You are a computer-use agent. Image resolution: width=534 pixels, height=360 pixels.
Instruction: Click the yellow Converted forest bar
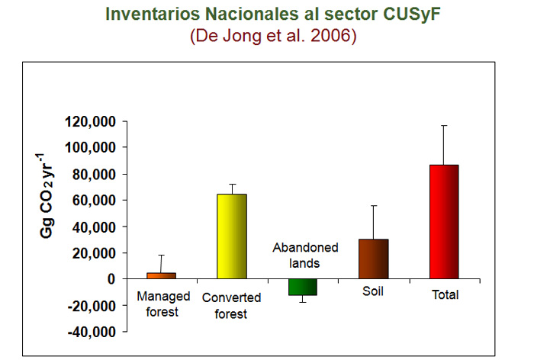pos(232,236)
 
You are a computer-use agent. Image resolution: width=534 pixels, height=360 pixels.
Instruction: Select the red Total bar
pos(444,222)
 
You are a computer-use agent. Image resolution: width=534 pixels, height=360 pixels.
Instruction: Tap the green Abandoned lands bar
pos(303,287)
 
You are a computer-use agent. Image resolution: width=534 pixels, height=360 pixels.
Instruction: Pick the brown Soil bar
pos(374,259)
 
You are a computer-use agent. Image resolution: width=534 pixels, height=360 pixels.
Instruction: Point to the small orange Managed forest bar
pos(162,276)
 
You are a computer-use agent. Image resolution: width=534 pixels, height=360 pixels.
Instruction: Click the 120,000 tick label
pos(91,121)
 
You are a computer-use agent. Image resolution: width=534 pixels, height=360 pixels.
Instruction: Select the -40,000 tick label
pos(92,332)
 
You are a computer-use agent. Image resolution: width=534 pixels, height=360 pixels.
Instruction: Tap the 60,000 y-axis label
pos(95,201)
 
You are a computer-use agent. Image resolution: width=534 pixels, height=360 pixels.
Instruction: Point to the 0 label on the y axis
pos(111,279)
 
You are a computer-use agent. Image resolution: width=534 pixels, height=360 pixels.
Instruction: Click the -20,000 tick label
pos(92,306)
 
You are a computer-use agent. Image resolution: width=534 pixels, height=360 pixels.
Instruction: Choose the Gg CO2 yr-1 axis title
pos(47,196)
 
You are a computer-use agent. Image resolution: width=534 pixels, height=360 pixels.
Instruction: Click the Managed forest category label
pos(163,304)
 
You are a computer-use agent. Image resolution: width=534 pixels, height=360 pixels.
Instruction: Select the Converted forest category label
pos(231,306)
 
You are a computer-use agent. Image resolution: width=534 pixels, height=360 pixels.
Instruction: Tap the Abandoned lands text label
pos(305,255)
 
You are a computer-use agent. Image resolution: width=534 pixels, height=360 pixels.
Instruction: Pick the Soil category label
pos(373,291)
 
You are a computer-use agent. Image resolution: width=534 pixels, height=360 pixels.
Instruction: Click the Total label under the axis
pos(445,294)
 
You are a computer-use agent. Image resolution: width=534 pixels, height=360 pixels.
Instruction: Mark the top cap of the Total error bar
pos(444,126)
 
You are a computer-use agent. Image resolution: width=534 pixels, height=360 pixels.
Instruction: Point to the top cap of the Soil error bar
pos(374,206)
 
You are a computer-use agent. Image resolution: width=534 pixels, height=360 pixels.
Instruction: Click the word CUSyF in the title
pos(411,14)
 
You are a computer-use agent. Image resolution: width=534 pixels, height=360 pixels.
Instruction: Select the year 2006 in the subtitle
pos(330,35)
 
